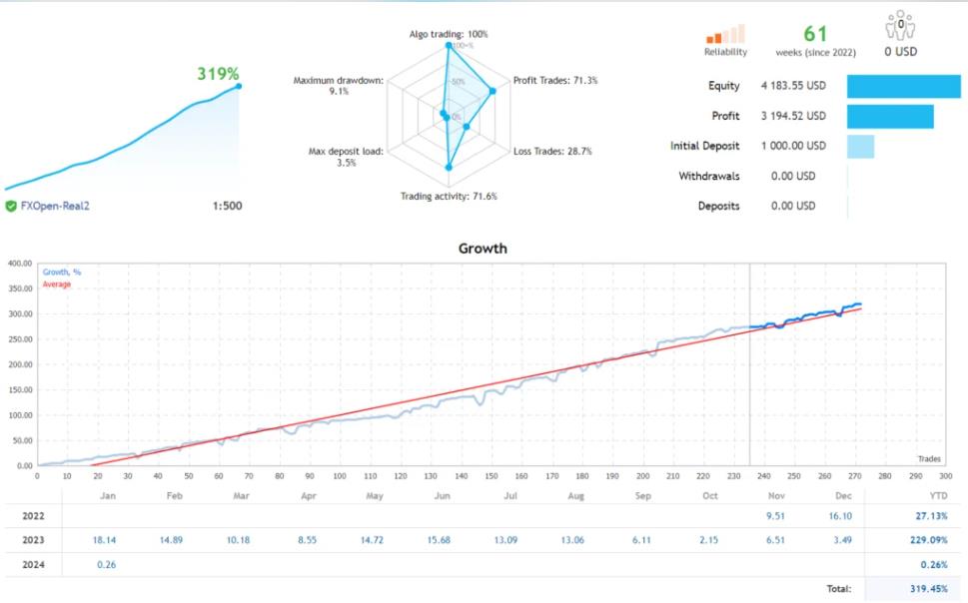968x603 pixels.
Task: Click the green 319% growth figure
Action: tap(218, 73)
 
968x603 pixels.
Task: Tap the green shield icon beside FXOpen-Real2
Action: tap(11, 206)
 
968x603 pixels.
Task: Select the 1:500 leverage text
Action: tap(227, 206)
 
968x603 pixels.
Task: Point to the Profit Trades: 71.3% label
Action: tap(554, 80)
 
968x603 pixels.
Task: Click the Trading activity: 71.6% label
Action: tap(448, 196)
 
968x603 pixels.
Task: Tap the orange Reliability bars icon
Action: tap(725, 34)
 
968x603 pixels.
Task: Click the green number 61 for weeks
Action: tap(815, 34)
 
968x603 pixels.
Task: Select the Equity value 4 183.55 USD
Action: tap(794, 86)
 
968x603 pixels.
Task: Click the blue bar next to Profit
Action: tap(890, 116)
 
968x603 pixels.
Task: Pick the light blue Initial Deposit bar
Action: tap(860, 146)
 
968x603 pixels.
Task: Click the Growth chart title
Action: tap(483, 249)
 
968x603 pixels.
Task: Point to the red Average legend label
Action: tap(57, 284)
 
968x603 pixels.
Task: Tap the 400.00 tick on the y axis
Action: tap(20, 264)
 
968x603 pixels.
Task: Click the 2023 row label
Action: tap(32, 540)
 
